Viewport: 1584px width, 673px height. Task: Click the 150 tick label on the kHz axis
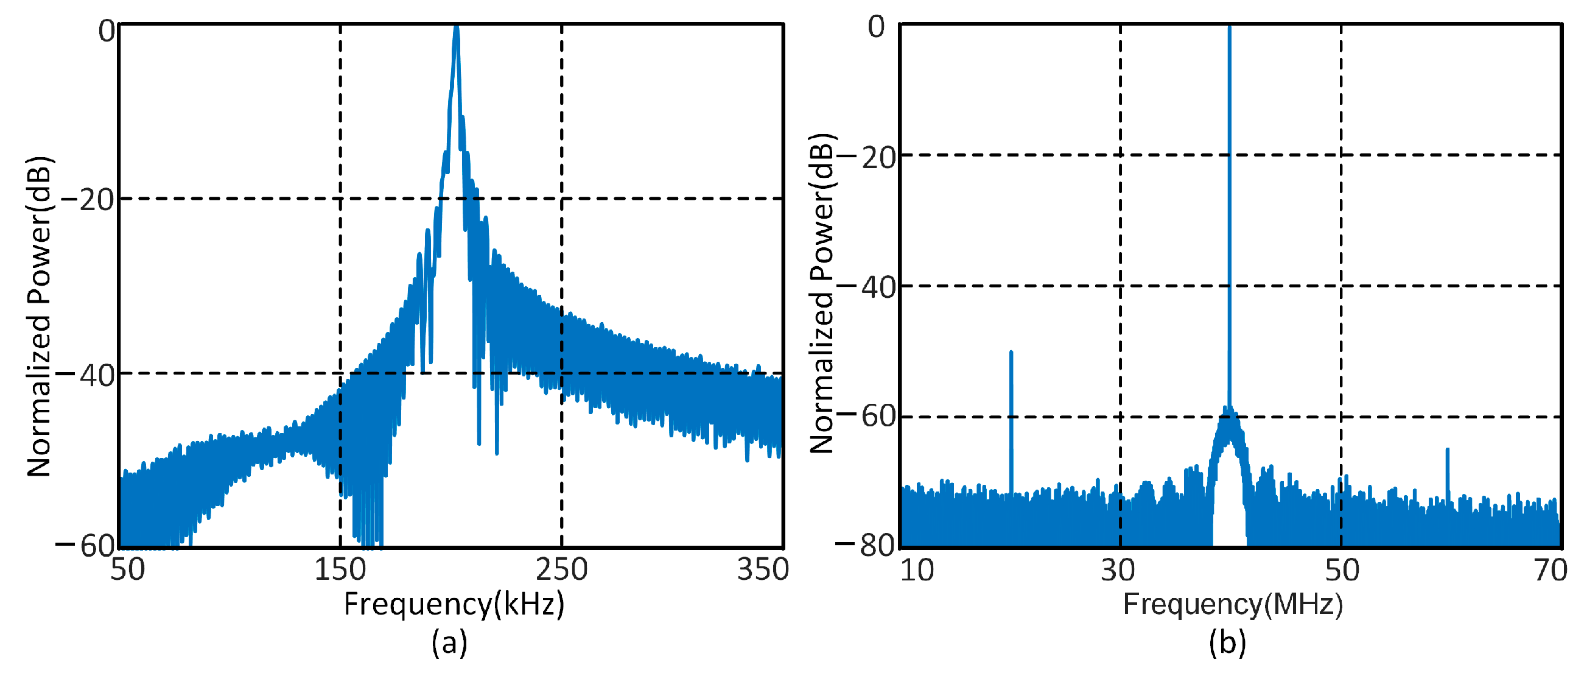(x=340, y=569)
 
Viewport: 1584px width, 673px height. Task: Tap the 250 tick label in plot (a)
(x=561, y=569)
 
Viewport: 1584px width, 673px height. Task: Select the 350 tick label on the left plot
(x=763, y=569)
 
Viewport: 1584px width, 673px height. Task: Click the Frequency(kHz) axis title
(x=454, y=604)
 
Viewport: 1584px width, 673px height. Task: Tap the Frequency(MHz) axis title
(x=1232, y=604)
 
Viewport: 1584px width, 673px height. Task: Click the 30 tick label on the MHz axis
(x=1117, y=569)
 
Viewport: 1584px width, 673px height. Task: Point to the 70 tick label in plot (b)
(x=1550, y=569)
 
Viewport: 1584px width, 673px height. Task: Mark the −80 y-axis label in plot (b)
(x=864, y=546)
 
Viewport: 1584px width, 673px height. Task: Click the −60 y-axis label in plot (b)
(x=864, y=417)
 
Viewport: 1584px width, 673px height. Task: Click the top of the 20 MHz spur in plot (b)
(x=1011, y=353)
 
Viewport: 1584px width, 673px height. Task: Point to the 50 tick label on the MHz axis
(x=1342, y=569)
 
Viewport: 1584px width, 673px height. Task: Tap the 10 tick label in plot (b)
(x=917, y=569)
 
